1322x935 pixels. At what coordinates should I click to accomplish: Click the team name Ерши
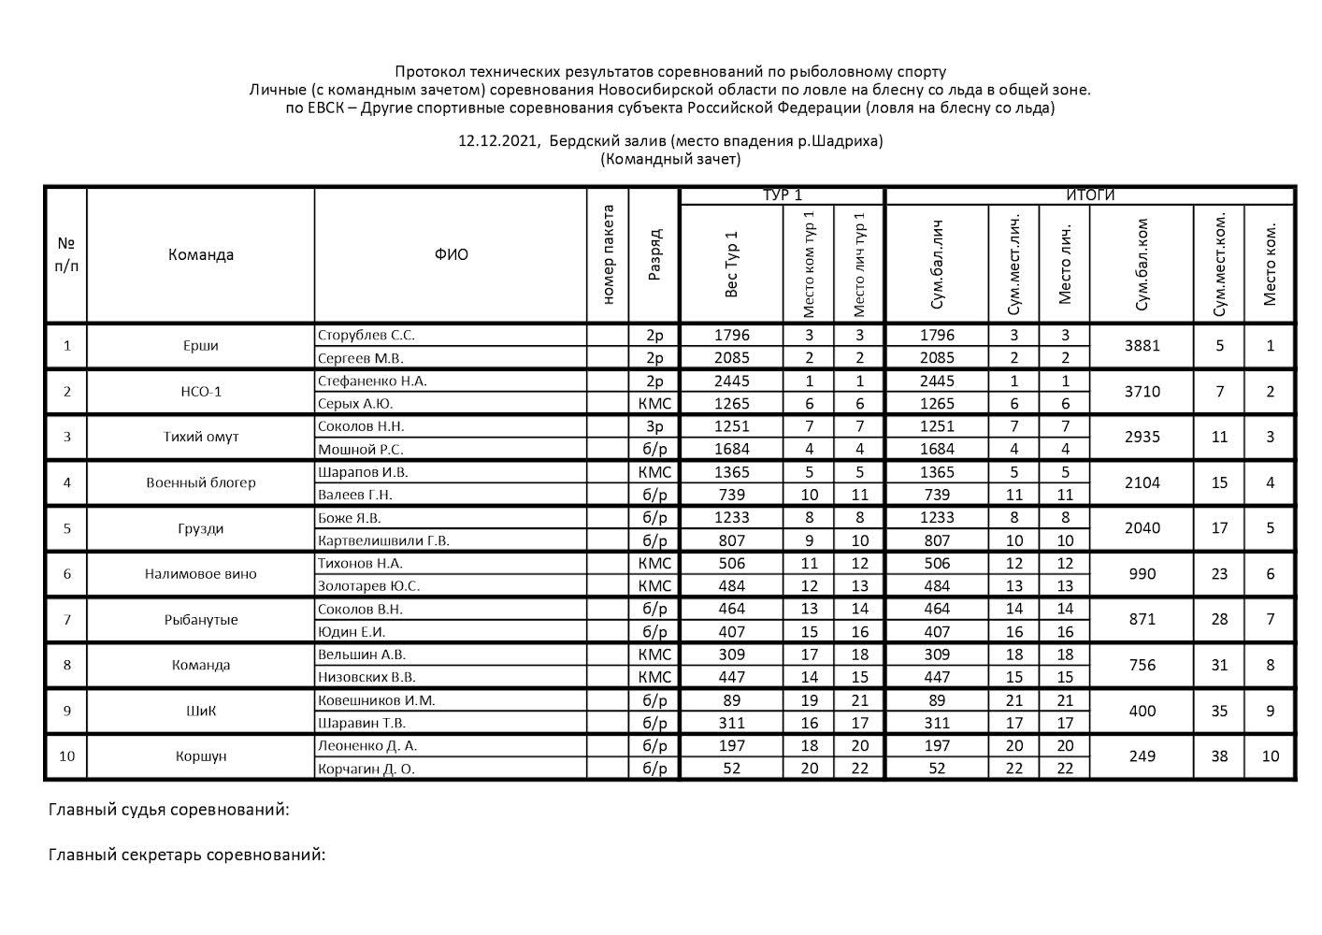click(200, 346)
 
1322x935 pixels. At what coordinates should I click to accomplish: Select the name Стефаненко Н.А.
click(372, 381)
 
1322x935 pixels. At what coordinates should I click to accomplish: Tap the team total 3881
click(1142, 346)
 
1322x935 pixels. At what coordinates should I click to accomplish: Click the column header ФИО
click(451, 254)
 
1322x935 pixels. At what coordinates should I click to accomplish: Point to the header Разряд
click(654, 254)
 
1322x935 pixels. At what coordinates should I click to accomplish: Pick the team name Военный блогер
click(200, 482)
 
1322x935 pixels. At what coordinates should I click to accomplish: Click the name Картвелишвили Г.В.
click(383, 540)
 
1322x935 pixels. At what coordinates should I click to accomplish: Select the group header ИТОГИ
click(1090, 195)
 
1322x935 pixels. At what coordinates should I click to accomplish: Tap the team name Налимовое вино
click(200, 574)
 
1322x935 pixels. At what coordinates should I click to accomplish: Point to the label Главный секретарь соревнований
click(187, 855)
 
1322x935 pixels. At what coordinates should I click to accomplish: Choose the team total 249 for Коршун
click(1142, 755)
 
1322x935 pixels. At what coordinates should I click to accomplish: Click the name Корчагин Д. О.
click(366, 769)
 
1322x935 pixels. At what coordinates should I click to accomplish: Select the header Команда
click(200, 254)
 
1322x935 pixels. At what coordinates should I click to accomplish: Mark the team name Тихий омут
click(200, 437)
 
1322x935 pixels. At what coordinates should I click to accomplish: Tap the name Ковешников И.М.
click(376, 700)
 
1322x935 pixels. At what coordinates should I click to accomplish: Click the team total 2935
click(1142, 437)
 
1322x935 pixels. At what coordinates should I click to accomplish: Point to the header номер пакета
click(608, 254)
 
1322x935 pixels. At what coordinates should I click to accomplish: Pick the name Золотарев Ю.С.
click(368, 586)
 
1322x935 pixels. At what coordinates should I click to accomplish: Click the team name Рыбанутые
click(200, 619)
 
